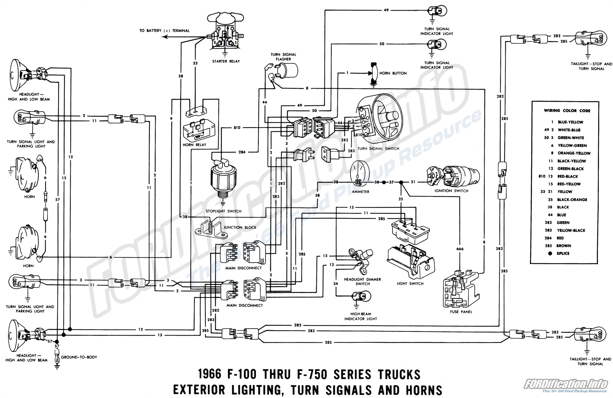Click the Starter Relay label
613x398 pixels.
click(226, 61)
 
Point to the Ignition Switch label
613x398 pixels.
click(451, 191)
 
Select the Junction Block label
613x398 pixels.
click(240, 227)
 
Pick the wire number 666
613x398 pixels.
click(460, 249)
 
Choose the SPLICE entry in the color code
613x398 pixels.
click(563, 254)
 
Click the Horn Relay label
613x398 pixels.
click(194, 145)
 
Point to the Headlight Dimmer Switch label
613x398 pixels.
click(362, 281)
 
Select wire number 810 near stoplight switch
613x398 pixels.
click(237, 128)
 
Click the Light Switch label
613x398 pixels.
click(410, 284)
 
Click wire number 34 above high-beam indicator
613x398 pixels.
click(336, 284)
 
